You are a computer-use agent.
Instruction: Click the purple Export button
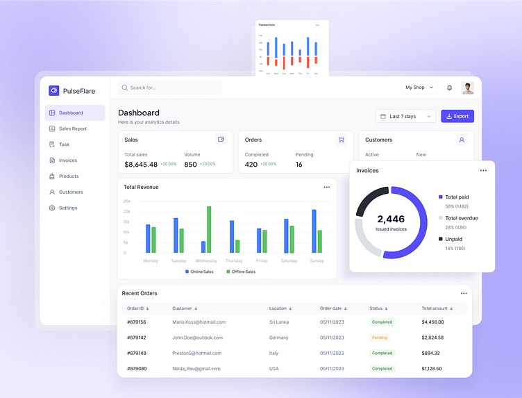[x=457, y=116]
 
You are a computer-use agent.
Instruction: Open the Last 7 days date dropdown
[x=405, y=116]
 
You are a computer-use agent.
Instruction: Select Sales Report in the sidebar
[x=73, y=128]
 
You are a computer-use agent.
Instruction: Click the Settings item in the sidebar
[x=68, y=208]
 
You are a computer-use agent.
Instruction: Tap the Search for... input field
[x=170, y=88]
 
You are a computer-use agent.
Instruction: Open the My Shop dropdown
[x=420, y=88]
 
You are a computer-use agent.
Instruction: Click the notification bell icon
[x=449, y=88]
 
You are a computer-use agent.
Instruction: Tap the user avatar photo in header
[x=468, y=88]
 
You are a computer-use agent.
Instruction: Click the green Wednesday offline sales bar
[x=209, y=229]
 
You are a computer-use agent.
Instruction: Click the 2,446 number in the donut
[x=391, y=219]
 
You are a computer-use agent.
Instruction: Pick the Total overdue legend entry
[x=461, y=218]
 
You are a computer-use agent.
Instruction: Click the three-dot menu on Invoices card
[x=483, y=170]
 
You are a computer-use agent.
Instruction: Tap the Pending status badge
[x=380, y=338]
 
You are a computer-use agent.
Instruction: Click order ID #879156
[x=136, y=322]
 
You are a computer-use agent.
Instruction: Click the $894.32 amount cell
[x=431, y=353]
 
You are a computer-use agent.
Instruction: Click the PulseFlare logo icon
[x=54, y=90]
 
